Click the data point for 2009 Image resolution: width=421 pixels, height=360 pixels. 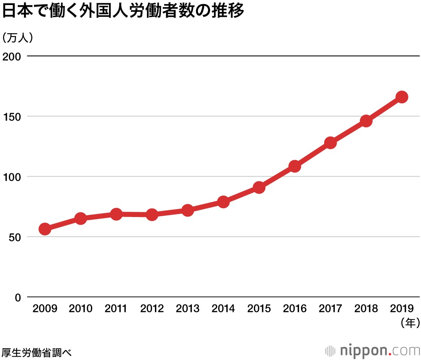(x=45, y=229)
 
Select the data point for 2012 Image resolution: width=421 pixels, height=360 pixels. (x=152, y=215)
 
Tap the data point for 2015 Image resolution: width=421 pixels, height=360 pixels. (x=259, y=188)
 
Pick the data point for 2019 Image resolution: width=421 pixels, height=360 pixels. (x=402, y=97)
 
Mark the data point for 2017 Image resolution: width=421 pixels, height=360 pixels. (x=330, y=143)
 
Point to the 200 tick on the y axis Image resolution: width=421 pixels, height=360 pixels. (x=12, y=56)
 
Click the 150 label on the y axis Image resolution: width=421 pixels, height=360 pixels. (x=12, y=116)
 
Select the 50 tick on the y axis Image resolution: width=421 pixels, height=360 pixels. (x=15, y=237)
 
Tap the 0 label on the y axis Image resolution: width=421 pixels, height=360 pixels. (x=18, y=297)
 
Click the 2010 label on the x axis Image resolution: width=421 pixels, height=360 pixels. (x=80, y=309)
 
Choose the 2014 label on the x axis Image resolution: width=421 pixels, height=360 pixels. (x=223, y=309)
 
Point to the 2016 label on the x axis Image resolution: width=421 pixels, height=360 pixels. (x=295, y=309)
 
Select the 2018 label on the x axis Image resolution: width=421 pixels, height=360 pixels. (x=366, y=309)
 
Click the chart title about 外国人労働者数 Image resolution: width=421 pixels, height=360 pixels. (x=123, y=11)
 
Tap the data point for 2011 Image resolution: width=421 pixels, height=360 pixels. (x=116, y=214)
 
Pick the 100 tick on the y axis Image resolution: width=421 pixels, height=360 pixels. (x=12, y=177)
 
